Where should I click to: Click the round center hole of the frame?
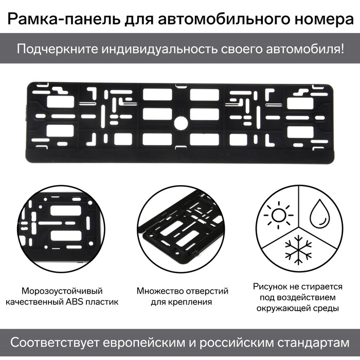coord(179,122)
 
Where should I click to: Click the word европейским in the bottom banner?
coord(161,342)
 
